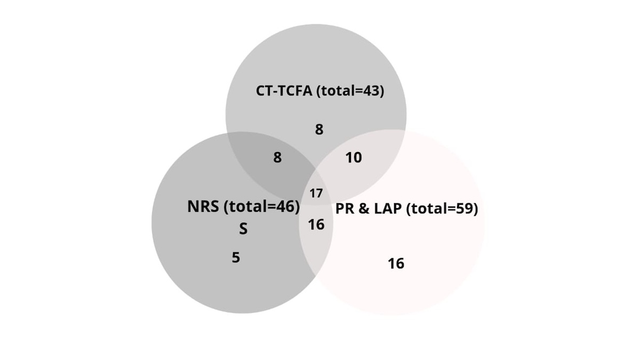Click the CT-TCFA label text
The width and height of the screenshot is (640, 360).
(x=284, y=91)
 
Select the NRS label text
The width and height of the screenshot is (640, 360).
(x=203, y=206)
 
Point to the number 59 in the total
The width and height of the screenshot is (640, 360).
(x=465, y=209)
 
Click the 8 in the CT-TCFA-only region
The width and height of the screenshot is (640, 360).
(x=319, y=130)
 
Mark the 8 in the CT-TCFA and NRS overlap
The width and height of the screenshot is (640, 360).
(x=277, y=157)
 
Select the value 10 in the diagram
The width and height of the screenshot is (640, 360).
(x=354, y=157)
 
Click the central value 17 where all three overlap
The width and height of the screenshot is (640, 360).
(x=316, y=194)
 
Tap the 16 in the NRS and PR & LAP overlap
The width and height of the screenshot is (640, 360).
(x=316, y=225)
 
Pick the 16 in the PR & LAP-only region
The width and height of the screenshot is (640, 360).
(x=396, y=263)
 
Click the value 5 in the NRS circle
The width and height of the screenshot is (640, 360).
(x=236, y=258)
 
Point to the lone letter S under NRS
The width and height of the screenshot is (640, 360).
(x=243, y=229)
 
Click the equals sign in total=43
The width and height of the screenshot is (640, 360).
(x=359, y=91)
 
